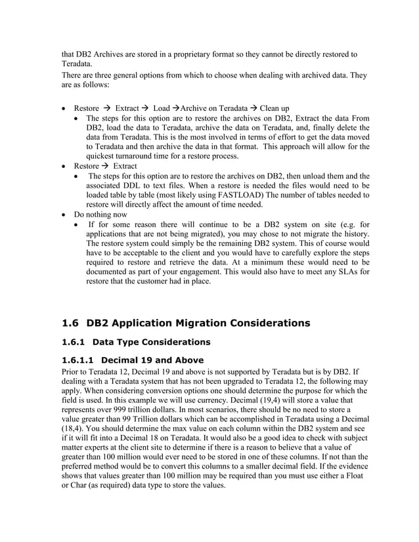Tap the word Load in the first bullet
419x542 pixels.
tap(161, 108)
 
